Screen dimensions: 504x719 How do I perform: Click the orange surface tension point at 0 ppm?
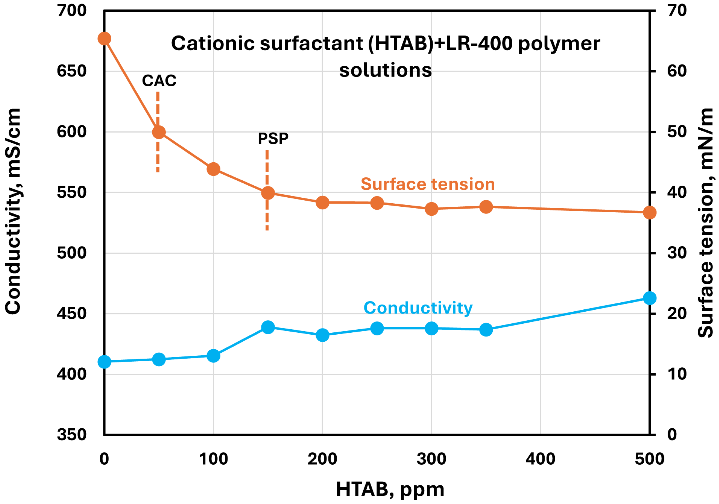click(104, 39)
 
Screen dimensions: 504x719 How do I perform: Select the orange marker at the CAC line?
click(159, 132)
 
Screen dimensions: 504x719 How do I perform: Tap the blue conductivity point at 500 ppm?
click(650, 298)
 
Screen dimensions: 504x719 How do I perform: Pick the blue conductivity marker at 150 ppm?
click(268, 327)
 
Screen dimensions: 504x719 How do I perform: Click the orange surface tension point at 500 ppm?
click(650, 213)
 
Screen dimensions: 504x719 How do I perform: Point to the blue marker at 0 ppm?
click(104, 362)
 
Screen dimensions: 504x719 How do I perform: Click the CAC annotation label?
click(159, 81)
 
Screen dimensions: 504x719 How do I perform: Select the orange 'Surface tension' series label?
click(428, 184)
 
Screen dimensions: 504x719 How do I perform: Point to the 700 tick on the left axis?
click(72, 11)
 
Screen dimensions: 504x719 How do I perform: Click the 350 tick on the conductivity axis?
click(72, 435)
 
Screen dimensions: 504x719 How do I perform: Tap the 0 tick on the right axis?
click(672, 435)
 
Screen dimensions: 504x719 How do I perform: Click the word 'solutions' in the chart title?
click(385, 70)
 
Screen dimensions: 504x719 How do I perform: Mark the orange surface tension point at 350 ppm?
click(486, 207)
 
